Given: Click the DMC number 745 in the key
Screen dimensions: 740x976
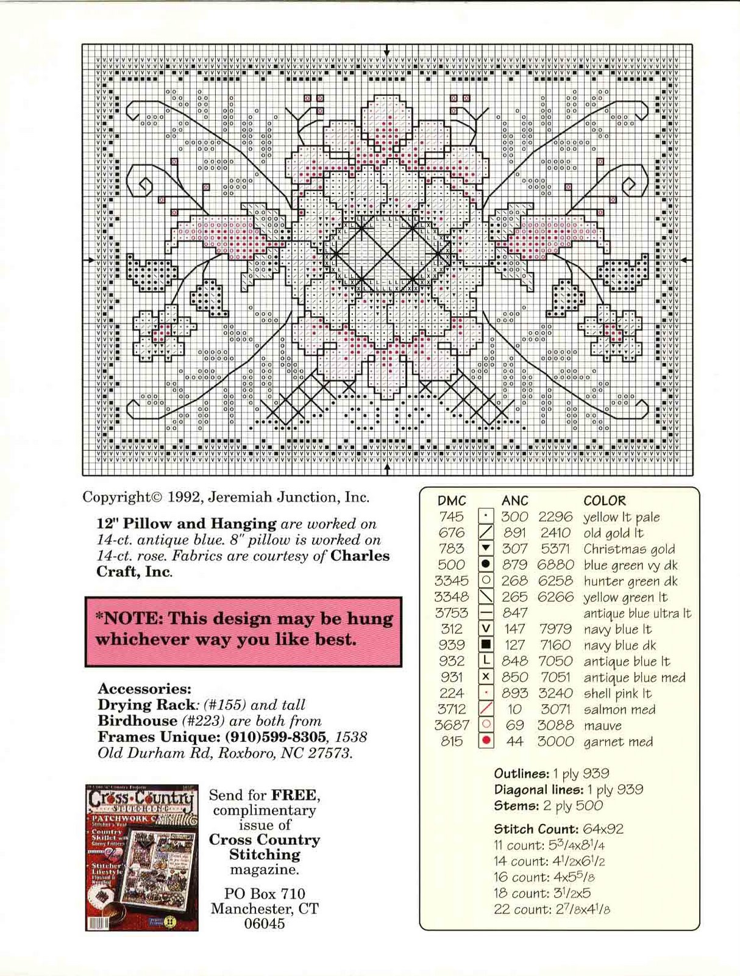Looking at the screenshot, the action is click(452, 517).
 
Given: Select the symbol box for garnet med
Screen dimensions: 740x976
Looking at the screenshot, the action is click(486, 741).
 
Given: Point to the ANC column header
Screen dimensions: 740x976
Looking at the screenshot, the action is click(514, 501).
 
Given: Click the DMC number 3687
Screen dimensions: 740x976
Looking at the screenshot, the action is click(452, 725).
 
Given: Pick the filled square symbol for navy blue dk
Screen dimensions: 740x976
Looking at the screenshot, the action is click(486, 645).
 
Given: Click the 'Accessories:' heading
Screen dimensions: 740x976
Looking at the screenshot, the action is click(144, 689).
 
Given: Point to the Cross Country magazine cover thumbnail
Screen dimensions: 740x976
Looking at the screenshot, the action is click(141, 857).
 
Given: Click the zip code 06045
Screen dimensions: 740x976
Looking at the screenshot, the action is click(265, 923).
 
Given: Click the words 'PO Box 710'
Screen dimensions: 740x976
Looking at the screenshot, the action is click(265, 894).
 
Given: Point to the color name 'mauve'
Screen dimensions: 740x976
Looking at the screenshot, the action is click(602, 726).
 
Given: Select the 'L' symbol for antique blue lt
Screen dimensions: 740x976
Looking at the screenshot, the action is click(486, 661).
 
